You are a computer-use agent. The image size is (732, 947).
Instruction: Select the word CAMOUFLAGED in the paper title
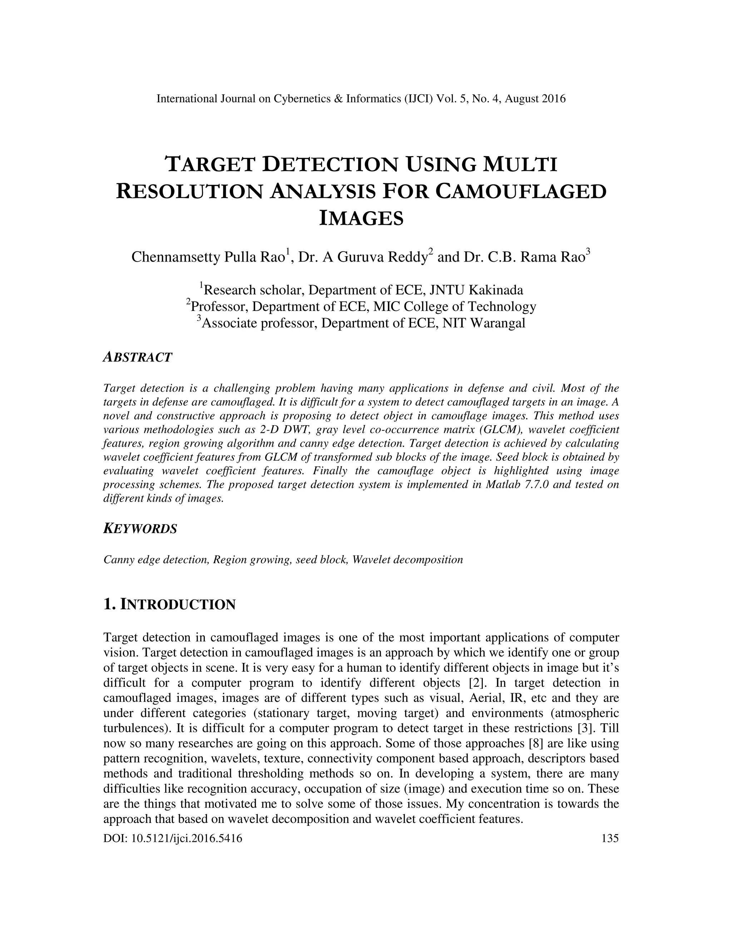[520, 192]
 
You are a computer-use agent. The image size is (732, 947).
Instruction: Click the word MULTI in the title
[520, 165]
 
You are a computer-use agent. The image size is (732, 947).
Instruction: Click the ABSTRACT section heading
[138, 358]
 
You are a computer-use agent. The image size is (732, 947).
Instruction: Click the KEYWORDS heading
[140, 529]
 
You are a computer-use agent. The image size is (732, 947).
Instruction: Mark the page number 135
[610, 839]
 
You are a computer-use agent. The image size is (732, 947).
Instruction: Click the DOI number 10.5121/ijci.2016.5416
[187, 839]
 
